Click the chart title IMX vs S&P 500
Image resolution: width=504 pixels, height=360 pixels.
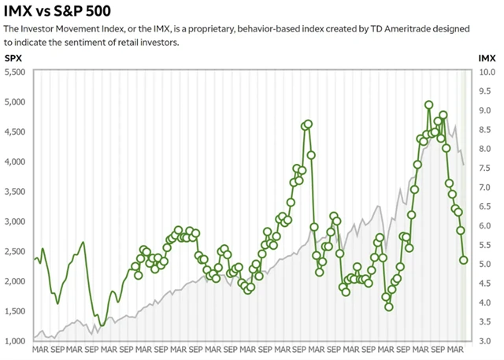56,11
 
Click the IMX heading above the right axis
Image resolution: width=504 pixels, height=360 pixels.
487,58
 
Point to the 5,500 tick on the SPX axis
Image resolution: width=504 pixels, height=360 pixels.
16,72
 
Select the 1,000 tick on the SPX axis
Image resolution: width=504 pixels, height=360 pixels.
16,341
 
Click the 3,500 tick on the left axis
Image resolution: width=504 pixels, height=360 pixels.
16,191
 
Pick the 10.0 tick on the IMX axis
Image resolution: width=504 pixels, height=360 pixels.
487,72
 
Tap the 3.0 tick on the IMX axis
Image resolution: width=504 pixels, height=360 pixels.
487,341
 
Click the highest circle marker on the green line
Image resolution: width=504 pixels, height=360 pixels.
428,105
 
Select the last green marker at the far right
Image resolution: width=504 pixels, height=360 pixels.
464,260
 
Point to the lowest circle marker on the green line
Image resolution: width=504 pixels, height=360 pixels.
389,306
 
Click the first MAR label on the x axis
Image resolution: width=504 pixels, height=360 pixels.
39,349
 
